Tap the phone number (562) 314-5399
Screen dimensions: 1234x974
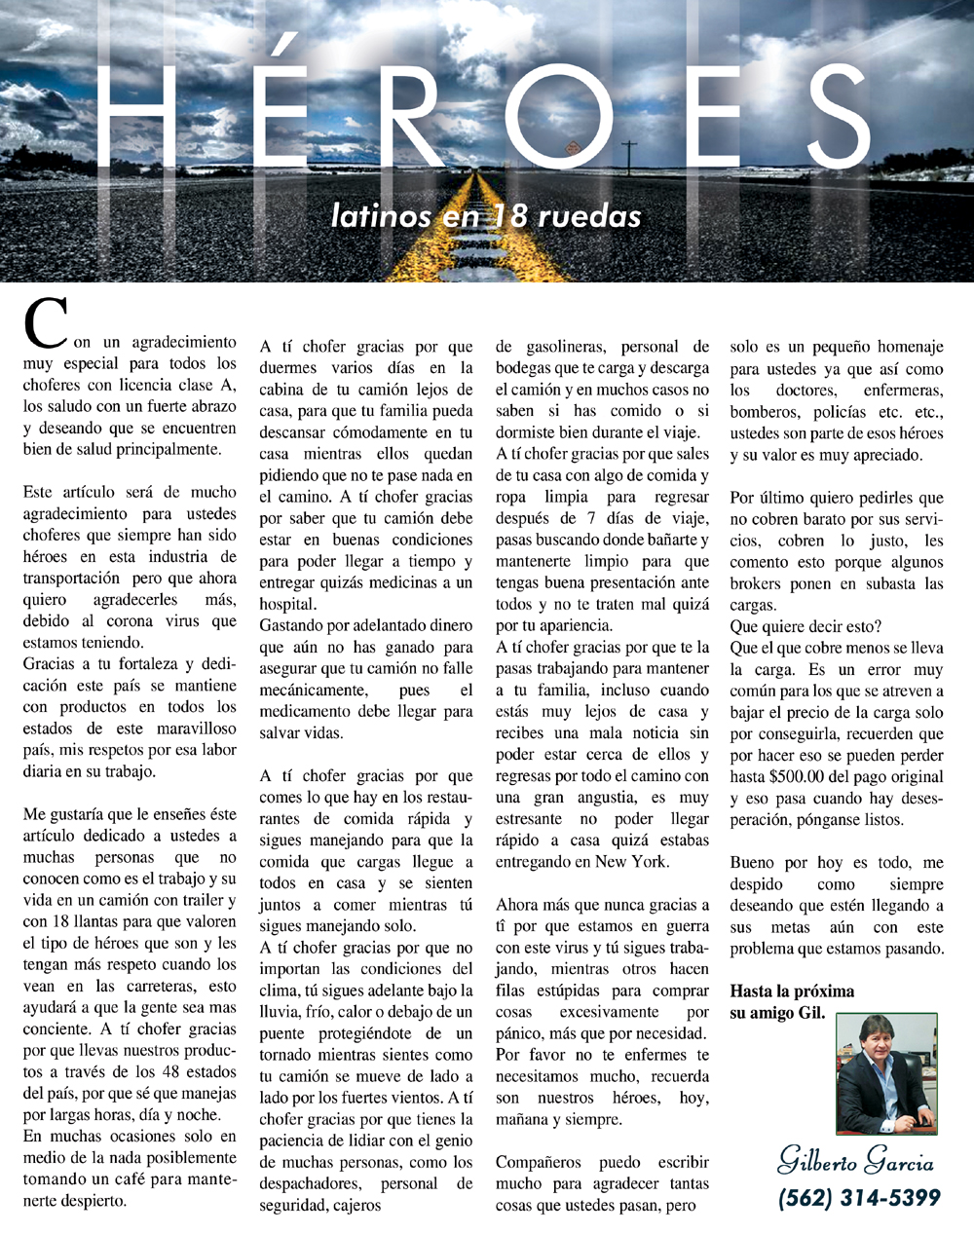(x=859, y=1197)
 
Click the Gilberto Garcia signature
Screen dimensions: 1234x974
(x=855, y=1162)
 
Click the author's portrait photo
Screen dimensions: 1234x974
(x=885, y=1073)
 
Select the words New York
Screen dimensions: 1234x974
(x=631, y=861)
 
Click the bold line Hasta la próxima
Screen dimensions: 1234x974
(x=792, y=991)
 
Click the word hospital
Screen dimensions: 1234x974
(x=287, y=604)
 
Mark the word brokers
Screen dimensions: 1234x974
(x=760, y=583)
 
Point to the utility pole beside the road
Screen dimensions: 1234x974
(x=629, y=156)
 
